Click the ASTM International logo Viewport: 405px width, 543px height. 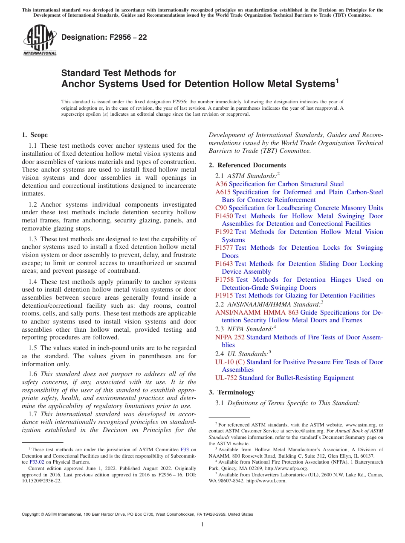(x=40, y=41)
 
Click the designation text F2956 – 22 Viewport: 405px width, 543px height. (x=104, y=37)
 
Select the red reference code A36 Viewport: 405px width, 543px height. (x=221, y=184)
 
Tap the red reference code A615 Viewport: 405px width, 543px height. (x=223, y=192)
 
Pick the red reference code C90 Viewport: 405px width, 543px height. (x=221, y=208)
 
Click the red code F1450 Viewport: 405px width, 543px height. (x=224, y=216)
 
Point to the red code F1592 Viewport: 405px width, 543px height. (x=224, y=232)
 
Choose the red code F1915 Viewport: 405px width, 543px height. (x=224, y=295)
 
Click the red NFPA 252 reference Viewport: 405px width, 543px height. (x=230, y=337)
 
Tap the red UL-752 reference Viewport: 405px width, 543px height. (x=226, y=378)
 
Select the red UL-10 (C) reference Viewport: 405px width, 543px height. (x=230, y=362)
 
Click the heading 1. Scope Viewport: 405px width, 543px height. (x=35, y=135)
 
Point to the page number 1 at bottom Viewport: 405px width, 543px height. (x=202, y=525)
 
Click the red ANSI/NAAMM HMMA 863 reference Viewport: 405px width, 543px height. (x=257, y=312)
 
